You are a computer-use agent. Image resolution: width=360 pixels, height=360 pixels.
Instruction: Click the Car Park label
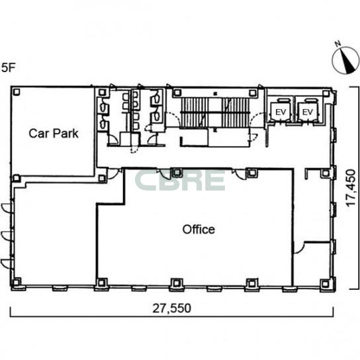tap(54, 134)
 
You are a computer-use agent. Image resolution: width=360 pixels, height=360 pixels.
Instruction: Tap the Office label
tap(199, 230)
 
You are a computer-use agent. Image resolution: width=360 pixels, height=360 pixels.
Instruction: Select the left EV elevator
tap(281, 112)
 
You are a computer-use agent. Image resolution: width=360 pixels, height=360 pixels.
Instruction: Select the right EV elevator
tap(308, 112)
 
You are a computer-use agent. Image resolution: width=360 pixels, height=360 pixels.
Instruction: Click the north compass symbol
tap(345, 60)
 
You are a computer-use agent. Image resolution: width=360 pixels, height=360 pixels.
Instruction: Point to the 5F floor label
tap(8, 67)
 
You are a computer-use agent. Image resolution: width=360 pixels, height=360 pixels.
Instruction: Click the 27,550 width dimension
tap(172, 308)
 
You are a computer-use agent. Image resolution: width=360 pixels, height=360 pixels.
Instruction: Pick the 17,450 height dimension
tap(351, 188)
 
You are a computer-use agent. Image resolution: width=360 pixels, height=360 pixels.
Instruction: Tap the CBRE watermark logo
tap(179, 181)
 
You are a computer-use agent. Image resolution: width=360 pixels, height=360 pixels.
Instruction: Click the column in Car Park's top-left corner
tap(17, 92)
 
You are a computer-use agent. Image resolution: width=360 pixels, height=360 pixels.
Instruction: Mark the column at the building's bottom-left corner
tap(16, 282)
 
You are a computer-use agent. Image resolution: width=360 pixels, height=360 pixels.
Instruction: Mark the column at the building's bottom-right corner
tap(325, 283)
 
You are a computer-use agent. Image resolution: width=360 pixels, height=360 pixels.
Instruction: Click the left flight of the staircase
tap(195, 112)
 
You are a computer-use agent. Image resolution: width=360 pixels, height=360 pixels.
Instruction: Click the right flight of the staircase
tap(236, 112)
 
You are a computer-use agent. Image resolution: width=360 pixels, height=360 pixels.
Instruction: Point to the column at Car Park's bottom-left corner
tap(16, 178)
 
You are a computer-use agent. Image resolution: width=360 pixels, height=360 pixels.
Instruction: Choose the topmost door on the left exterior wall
tap(6, 207)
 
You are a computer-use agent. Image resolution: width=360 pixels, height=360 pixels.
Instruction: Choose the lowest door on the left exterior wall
tap(6, 263)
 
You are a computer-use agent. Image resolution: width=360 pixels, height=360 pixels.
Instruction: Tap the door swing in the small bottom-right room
tap(299, 248)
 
